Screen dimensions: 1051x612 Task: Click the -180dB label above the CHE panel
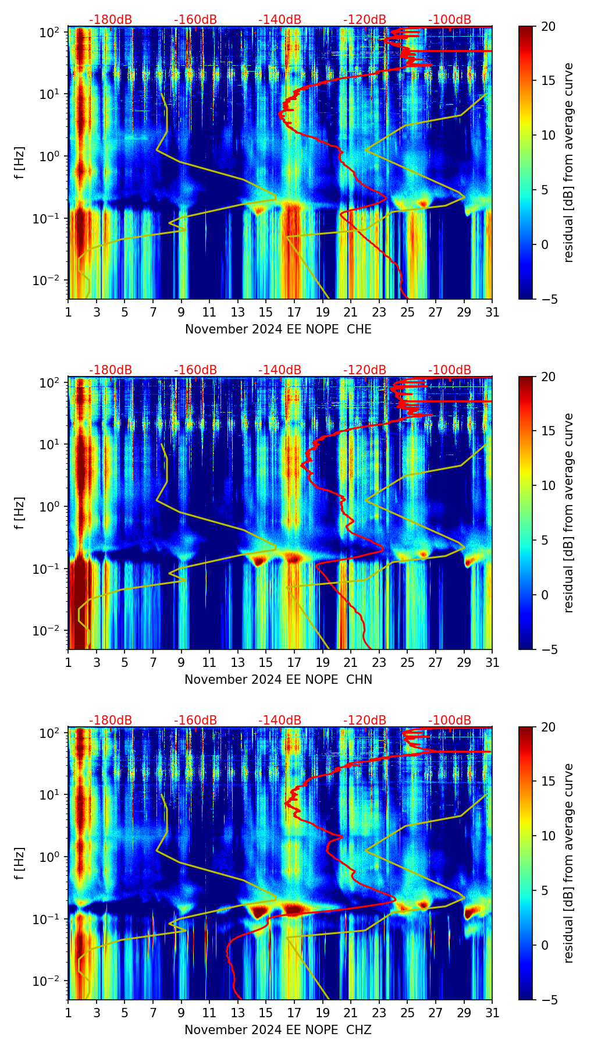click(111, 20)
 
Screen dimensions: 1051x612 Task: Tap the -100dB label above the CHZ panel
click(450, 720)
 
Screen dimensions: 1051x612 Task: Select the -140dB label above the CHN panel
click(280, 370)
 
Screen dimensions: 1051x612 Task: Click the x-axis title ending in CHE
click(278, 329)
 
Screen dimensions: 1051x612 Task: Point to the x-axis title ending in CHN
click(278, 680)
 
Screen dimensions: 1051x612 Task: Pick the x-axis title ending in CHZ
click(278, 1030)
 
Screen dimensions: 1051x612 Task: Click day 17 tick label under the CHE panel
click(294, 312)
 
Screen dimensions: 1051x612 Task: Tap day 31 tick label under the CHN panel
click(492, 662)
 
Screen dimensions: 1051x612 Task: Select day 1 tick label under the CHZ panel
click(69, 1013)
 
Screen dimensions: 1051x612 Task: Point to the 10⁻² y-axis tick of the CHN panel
click(49, 631)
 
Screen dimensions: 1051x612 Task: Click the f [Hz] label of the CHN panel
click(20, 513)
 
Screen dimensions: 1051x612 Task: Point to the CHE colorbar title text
click(568, 162)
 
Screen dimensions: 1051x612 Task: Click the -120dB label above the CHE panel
click(365, 20)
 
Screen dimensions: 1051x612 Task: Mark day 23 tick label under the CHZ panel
click(379, 1013)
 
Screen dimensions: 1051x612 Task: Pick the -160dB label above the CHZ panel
click(195, 720)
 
